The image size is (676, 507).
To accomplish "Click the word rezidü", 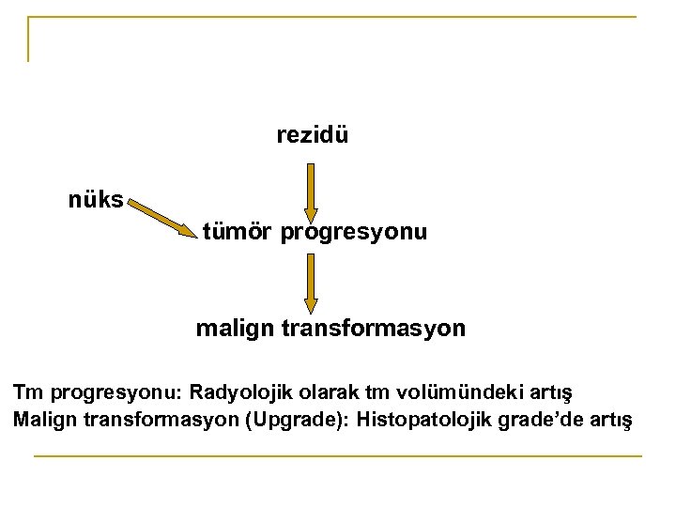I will click(x=313, y=135).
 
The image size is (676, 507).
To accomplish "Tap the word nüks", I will click(x=95, y=200).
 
